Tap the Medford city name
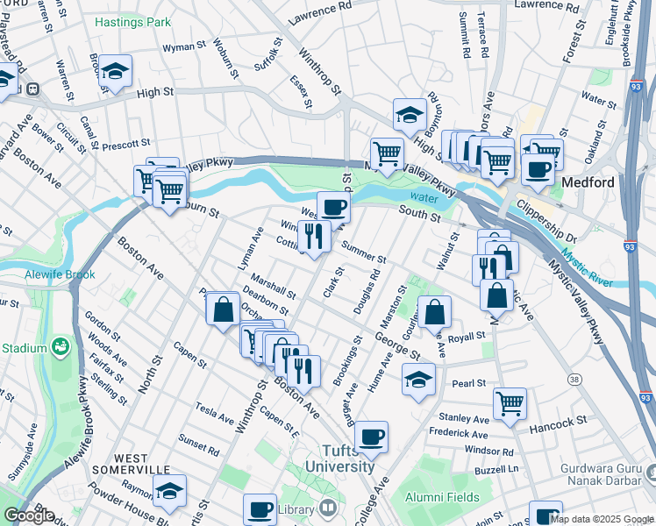click(x=592, y=184)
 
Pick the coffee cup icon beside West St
click(x=332, y=208)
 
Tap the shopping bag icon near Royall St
click(x=434, y=311)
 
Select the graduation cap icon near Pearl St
click(x=418, y=380)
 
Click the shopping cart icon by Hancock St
click(x=510, y=403)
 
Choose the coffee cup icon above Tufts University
click(x=371, y=436)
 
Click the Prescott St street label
click(x=127, y=143)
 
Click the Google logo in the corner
click(x=29, y=515)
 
